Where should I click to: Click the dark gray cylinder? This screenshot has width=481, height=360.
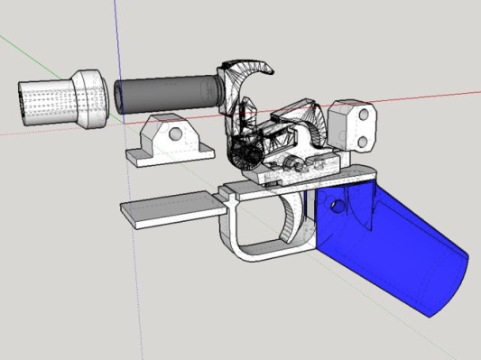167,95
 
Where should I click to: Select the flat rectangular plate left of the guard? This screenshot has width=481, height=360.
171,208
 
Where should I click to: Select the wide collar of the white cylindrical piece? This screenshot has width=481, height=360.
90,97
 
